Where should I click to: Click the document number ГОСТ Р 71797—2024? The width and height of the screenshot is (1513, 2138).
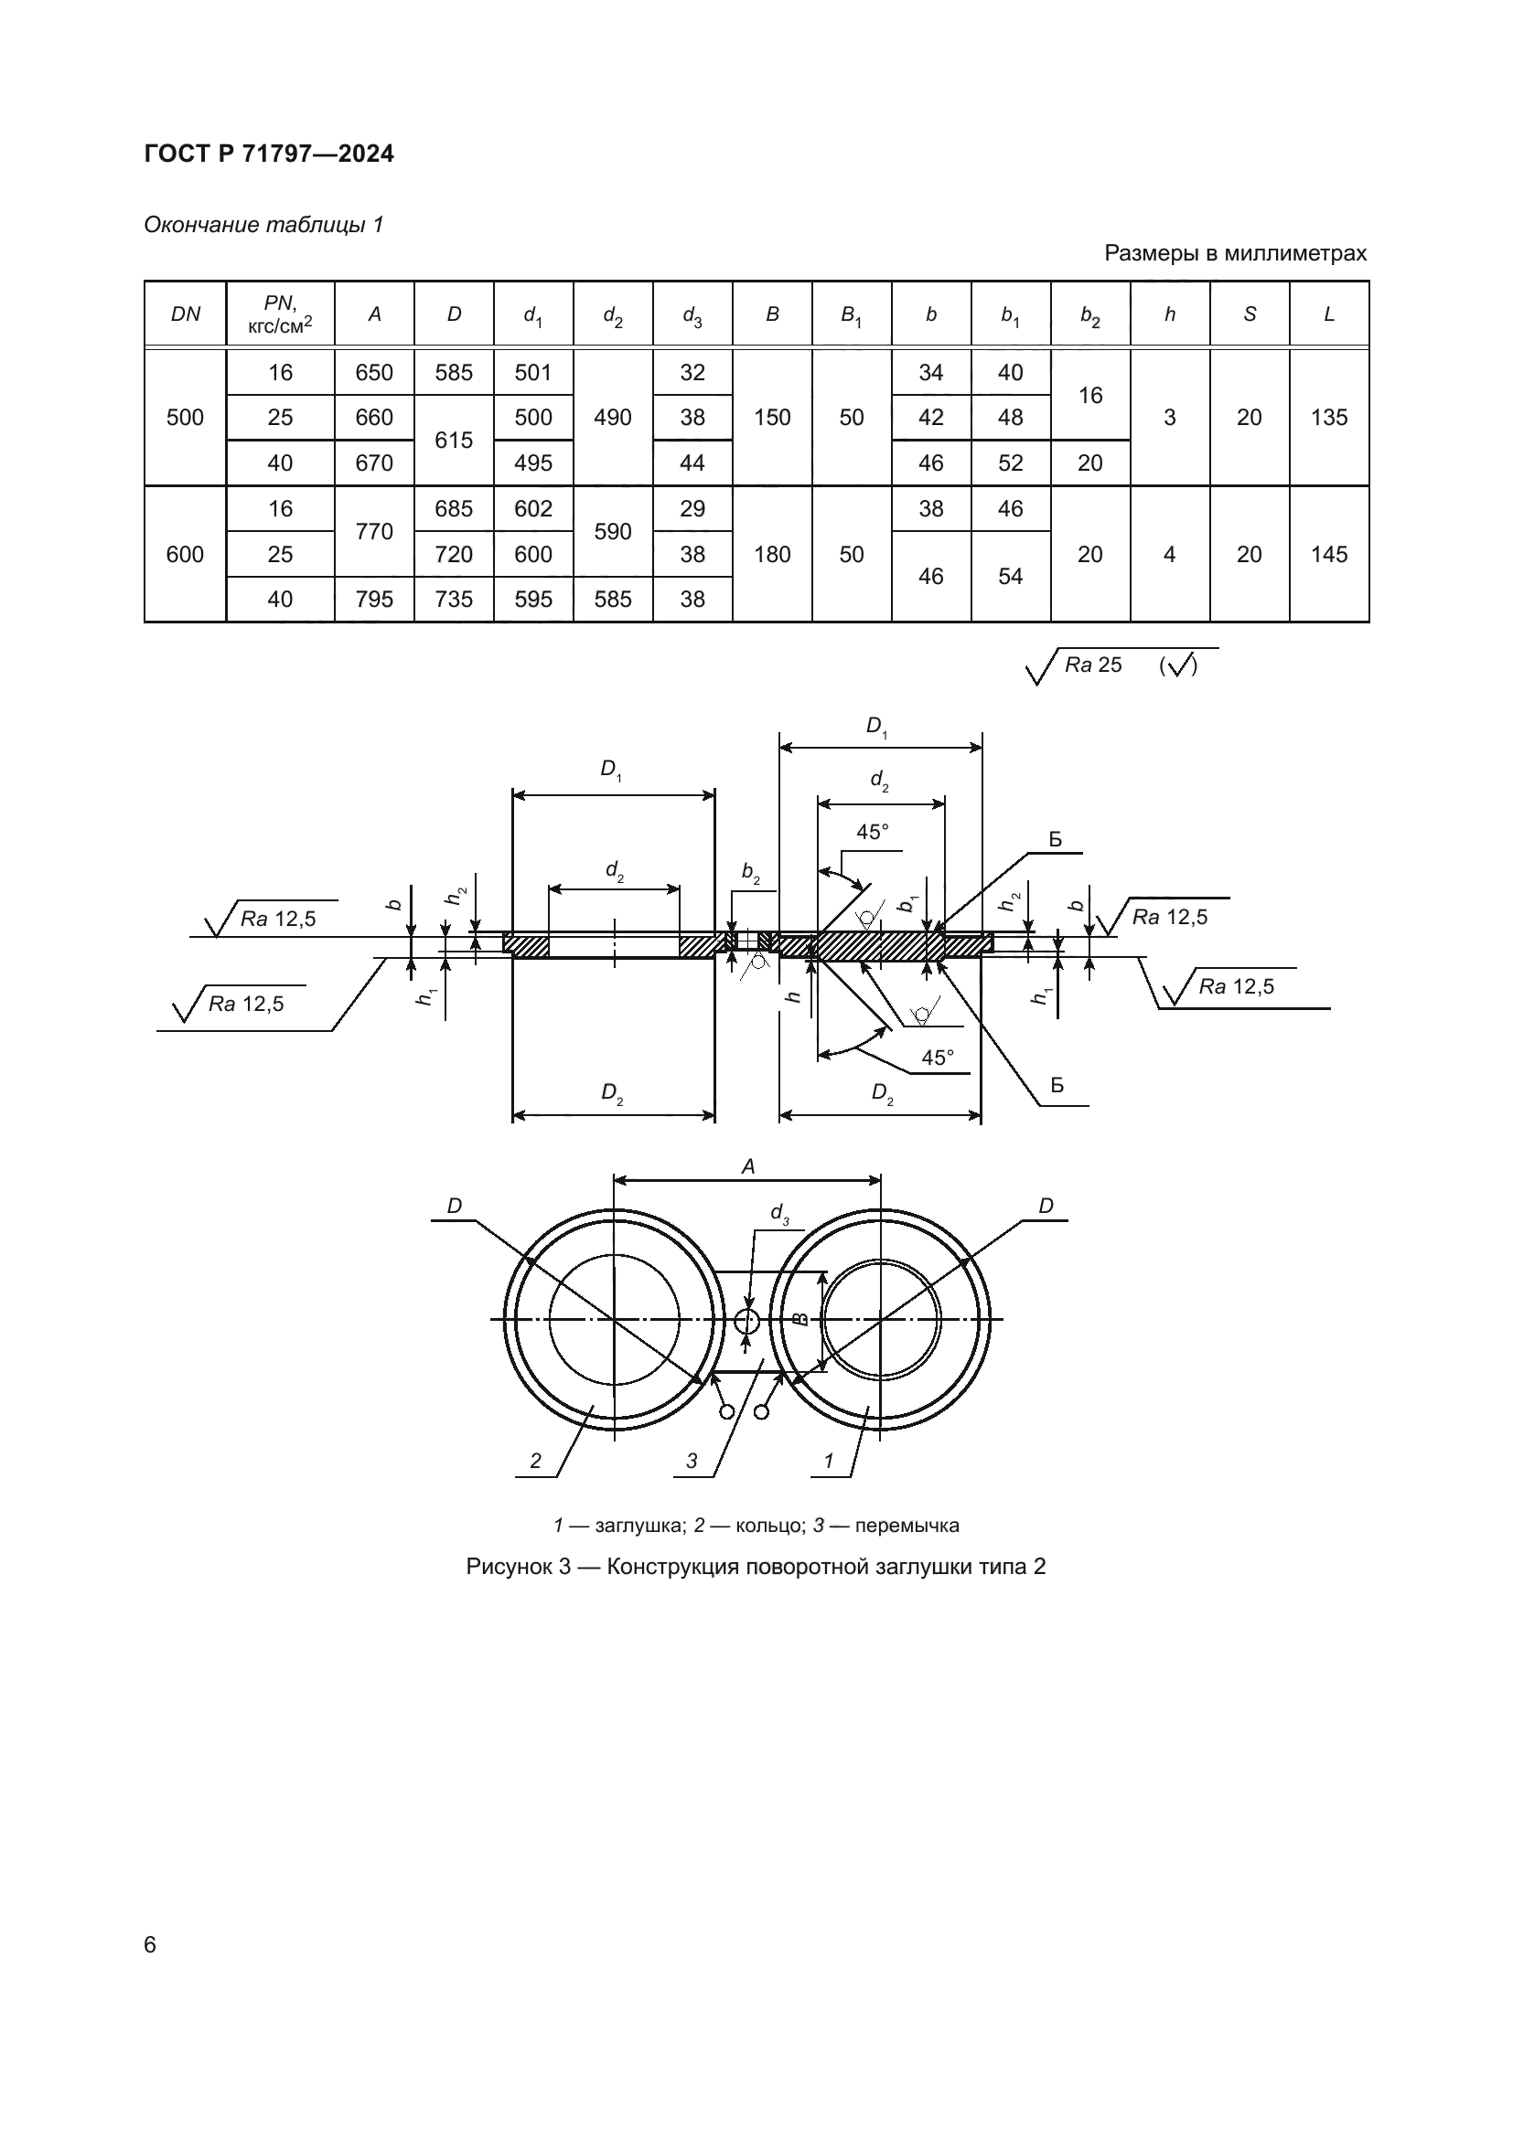269,154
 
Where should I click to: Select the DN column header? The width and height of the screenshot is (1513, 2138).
186,314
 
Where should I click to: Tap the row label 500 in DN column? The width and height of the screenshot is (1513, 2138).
185,417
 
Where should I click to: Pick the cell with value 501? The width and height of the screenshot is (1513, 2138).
533,372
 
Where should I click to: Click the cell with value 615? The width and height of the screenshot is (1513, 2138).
454,441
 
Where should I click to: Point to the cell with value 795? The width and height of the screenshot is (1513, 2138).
374,600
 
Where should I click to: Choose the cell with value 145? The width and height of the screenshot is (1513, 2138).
1328,554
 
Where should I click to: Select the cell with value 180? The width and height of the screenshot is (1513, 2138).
771,554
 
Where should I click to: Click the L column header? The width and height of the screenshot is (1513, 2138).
1328,314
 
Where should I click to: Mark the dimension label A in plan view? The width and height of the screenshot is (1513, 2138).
747,1166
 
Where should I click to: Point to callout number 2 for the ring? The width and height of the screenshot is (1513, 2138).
535,1461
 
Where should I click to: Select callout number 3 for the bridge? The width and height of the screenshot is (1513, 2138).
692,1461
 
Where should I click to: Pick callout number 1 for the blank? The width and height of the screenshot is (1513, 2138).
828,1461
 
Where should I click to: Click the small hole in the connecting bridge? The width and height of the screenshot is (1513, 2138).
747,1321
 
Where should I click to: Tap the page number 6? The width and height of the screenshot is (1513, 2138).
151,1944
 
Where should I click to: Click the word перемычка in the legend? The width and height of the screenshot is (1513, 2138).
907,1526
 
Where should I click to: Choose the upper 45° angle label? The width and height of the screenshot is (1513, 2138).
873,833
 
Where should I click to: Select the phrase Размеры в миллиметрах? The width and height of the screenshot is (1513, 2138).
1234,253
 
